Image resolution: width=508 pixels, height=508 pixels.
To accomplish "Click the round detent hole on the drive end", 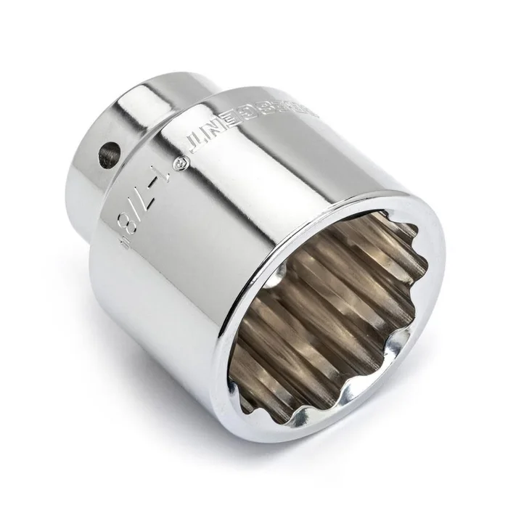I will (x=109, y=154).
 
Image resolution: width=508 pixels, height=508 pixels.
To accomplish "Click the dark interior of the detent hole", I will (x=108, y=155).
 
